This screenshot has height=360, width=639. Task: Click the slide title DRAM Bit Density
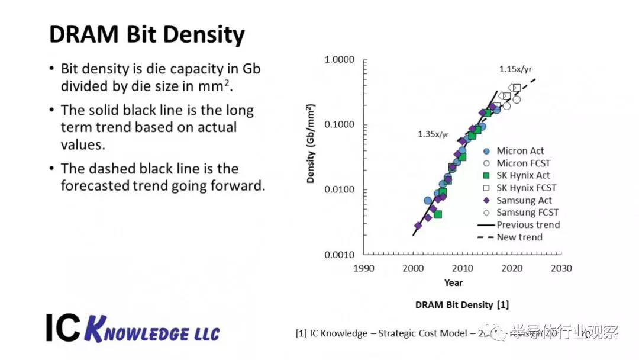click(147, 35)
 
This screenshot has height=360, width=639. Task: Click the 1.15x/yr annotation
click(515, 69)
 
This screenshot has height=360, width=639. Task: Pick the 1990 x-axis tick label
click(363, 268)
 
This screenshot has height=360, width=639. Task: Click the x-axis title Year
click(454, 283)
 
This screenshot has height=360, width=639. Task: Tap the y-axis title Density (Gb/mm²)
click(311, 143)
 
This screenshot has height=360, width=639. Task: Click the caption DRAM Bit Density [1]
click(461, 305)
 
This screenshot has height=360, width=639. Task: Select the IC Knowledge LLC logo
click(133, 328)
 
